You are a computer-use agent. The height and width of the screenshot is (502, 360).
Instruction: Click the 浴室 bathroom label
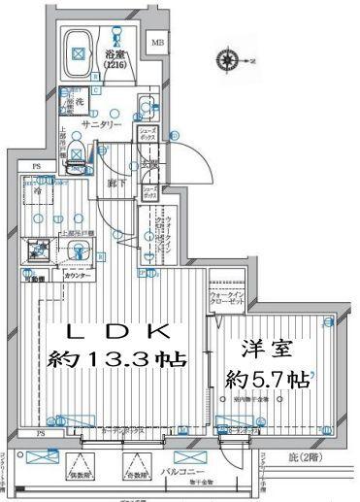click(x=115, y=54)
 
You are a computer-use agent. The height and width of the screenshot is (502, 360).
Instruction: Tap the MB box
click(x=157, y=42)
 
